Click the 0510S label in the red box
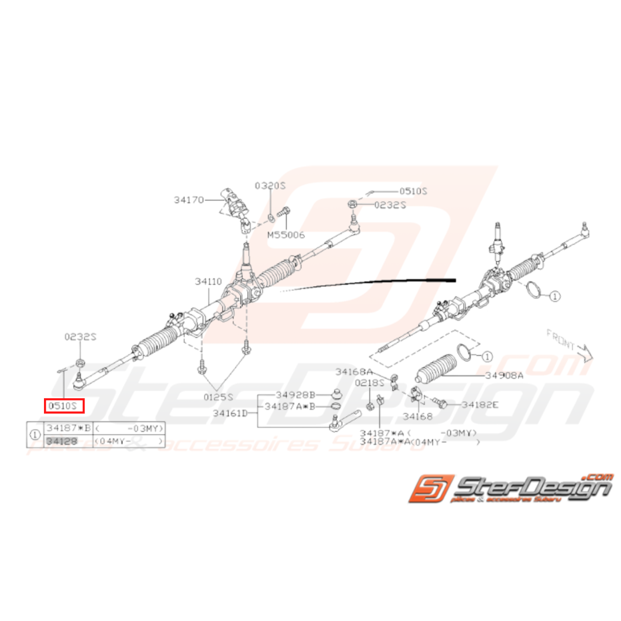point(64,405)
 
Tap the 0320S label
point(269,185)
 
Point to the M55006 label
point(286,235)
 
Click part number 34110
point(208,281)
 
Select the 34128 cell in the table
point(60,442)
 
